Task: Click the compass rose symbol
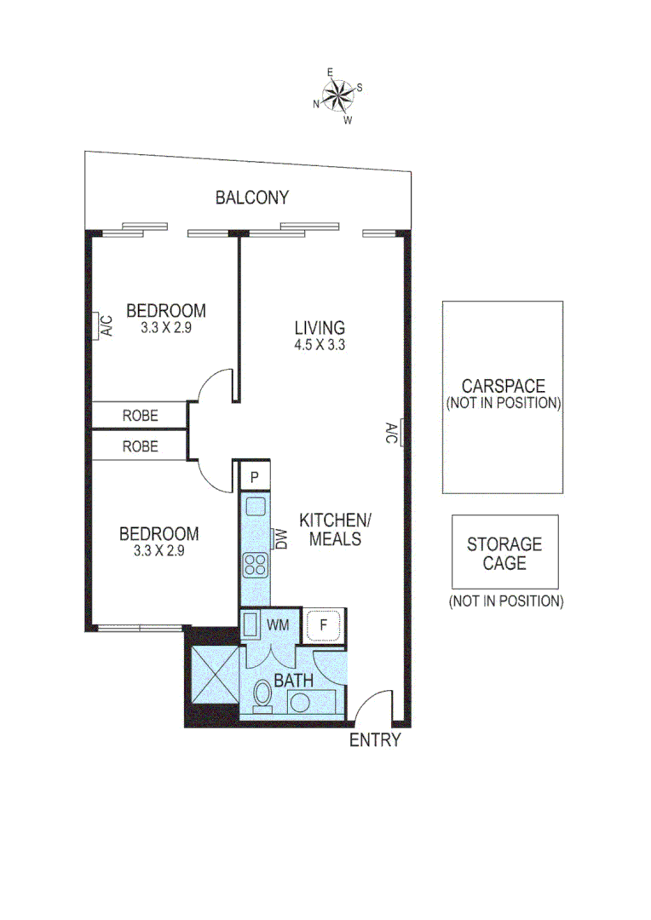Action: point(339,94)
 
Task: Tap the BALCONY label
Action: point(252,198)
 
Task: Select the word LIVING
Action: point(320,327)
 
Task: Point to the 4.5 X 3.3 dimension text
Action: point(320,345)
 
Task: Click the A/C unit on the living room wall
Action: point(393,432)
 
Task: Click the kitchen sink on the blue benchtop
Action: point(255,508)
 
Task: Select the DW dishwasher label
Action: point(279,538)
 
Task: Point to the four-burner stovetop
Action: point(255,563)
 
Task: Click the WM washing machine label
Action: point(278,625)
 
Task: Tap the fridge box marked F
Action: point(324,625)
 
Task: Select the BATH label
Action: point(294,681)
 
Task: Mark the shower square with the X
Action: point(213,676)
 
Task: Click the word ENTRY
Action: point(375,740)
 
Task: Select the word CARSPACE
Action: point(503,386)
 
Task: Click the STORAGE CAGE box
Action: point(504,552)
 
